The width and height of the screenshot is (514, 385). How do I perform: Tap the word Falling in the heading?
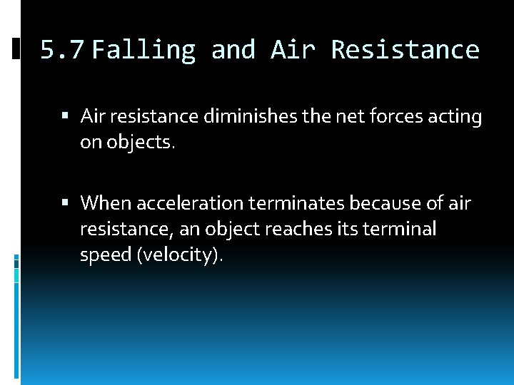click(143, 50)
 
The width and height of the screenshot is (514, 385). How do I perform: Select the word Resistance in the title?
click(405, 50)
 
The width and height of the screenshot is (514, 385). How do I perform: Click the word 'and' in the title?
click(233, 50)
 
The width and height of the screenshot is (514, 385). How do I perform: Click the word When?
click(106, 203)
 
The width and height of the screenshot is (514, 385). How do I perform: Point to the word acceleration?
click(189, 203)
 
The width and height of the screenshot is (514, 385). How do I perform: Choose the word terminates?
click(296, 203)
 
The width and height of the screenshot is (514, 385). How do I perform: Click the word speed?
click(106, 256)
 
